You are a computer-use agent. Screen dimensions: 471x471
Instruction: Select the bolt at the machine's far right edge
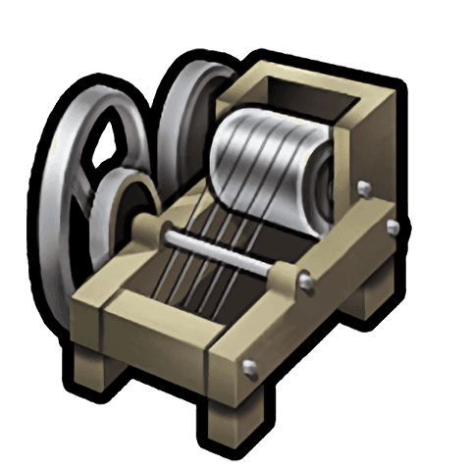393,228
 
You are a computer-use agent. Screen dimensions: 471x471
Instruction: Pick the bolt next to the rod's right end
305,284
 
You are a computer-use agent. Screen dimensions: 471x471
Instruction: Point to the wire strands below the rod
211,280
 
